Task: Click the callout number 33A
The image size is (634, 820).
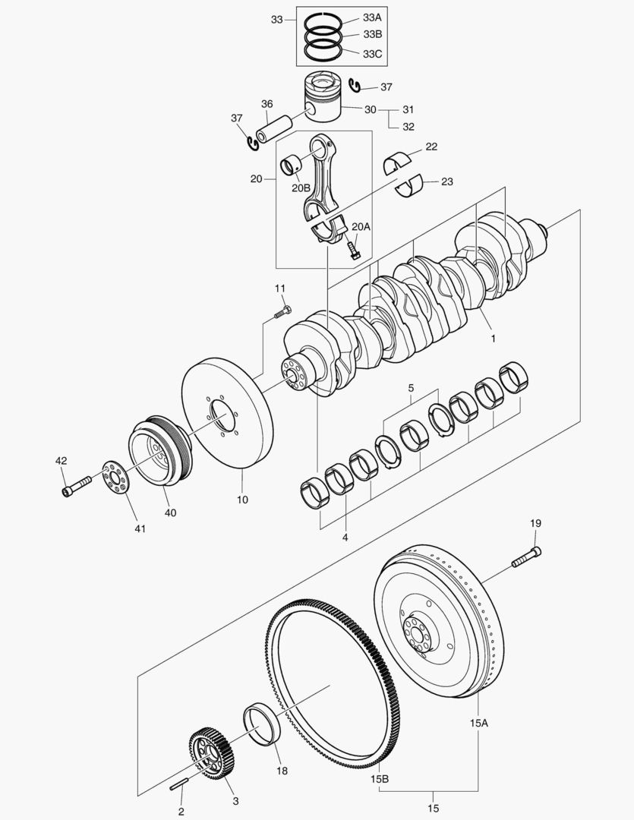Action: [372, 17]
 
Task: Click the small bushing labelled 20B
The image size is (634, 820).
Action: [290, 164]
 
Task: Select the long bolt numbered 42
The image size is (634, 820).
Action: [76, 485]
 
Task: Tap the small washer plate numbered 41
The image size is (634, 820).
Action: [115, 478]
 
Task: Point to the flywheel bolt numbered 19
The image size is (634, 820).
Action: [526, 557]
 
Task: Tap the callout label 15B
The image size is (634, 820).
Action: [380, 779]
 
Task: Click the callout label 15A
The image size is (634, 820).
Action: [478, 724]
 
